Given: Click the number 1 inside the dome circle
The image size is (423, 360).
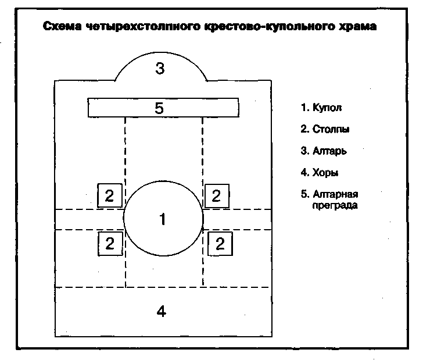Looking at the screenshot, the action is coord(163,219).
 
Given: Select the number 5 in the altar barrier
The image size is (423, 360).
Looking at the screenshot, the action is coord(160,108).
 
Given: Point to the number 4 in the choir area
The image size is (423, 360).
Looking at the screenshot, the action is coord(162,311).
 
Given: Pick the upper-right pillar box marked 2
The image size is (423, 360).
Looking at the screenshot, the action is coord(216,195).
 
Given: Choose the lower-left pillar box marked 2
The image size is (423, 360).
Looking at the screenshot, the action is coord(109,243).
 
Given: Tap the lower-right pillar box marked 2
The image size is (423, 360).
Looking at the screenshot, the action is coord(220,243).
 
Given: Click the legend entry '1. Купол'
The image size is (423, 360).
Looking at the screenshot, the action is coord(321,108).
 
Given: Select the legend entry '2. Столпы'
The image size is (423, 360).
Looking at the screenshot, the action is coord(325,129).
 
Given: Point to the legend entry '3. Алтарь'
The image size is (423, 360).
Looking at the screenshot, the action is coord(324,151).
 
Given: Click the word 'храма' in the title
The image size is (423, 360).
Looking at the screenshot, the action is coord(359,27).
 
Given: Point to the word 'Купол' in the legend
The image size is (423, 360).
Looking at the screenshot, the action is coord(327,108).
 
